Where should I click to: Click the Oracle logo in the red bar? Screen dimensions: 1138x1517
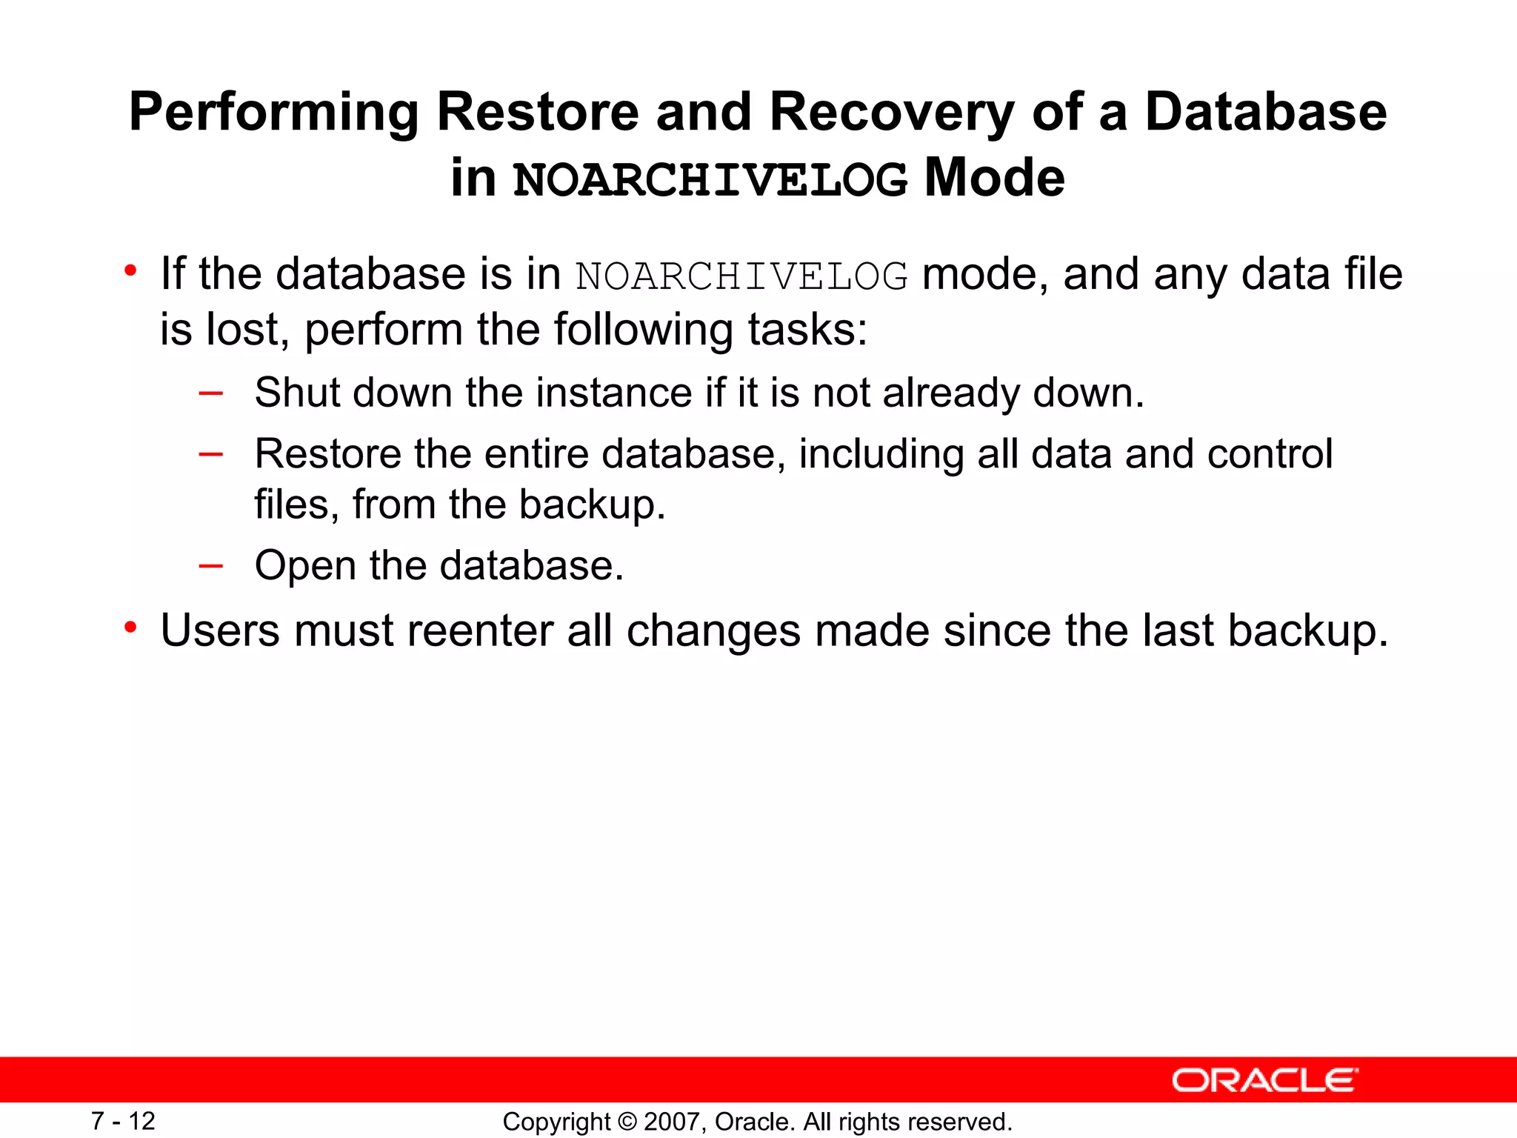1264,1080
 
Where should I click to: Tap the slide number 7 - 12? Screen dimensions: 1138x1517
123,1121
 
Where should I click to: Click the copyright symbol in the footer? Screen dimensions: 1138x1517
627,1122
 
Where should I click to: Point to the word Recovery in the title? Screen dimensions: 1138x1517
891,113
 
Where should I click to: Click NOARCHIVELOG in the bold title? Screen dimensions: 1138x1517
710,179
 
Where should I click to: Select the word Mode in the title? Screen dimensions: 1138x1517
995,178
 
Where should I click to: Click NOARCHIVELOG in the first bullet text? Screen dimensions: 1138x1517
741,276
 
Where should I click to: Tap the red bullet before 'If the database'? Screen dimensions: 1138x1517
131,270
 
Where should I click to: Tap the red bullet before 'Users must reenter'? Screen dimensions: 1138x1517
131,628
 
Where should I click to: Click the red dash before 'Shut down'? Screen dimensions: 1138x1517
211,393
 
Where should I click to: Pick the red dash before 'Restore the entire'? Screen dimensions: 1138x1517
211,454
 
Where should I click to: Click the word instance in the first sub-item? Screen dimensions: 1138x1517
614,393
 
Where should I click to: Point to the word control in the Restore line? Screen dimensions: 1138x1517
1270,453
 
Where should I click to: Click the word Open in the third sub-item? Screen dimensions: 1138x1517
305,566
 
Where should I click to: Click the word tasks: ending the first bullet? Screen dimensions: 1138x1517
807,330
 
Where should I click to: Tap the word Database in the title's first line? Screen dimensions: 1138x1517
1265,113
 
